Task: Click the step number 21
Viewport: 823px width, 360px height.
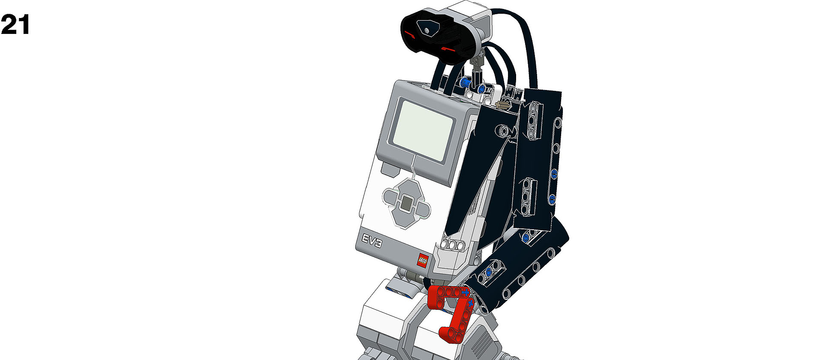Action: [15, 25]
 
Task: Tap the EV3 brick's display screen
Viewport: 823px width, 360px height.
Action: [423, 130]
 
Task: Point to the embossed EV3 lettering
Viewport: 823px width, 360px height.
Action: [372, 242]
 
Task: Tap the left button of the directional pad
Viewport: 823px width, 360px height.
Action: [391, 197]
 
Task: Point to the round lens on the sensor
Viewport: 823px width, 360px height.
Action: [427, 30]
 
